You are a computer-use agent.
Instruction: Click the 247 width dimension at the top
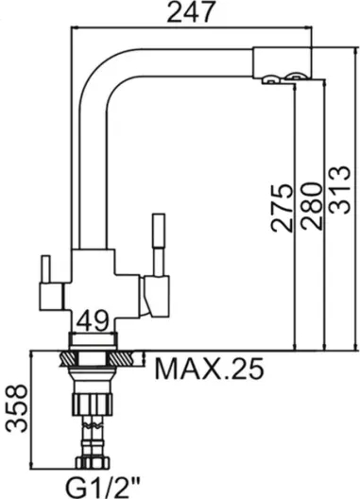[191, 12]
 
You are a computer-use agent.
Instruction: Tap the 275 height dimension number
[281, 208]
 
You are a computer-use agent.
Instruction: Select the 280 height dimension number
[311, 206]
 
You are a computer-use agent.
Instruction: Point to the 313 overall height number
[339, 190]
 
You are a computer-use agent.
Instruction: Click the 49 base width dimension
[93, 321]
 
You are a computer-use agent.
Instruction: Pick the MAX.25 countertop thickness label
[209, 369]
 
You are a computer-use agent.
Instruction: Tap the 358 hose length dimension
[17, 408]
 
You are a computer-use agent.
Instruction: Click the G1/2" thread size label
[102, 487]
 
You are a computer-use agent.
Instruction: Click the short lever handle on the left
[46, 269]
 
